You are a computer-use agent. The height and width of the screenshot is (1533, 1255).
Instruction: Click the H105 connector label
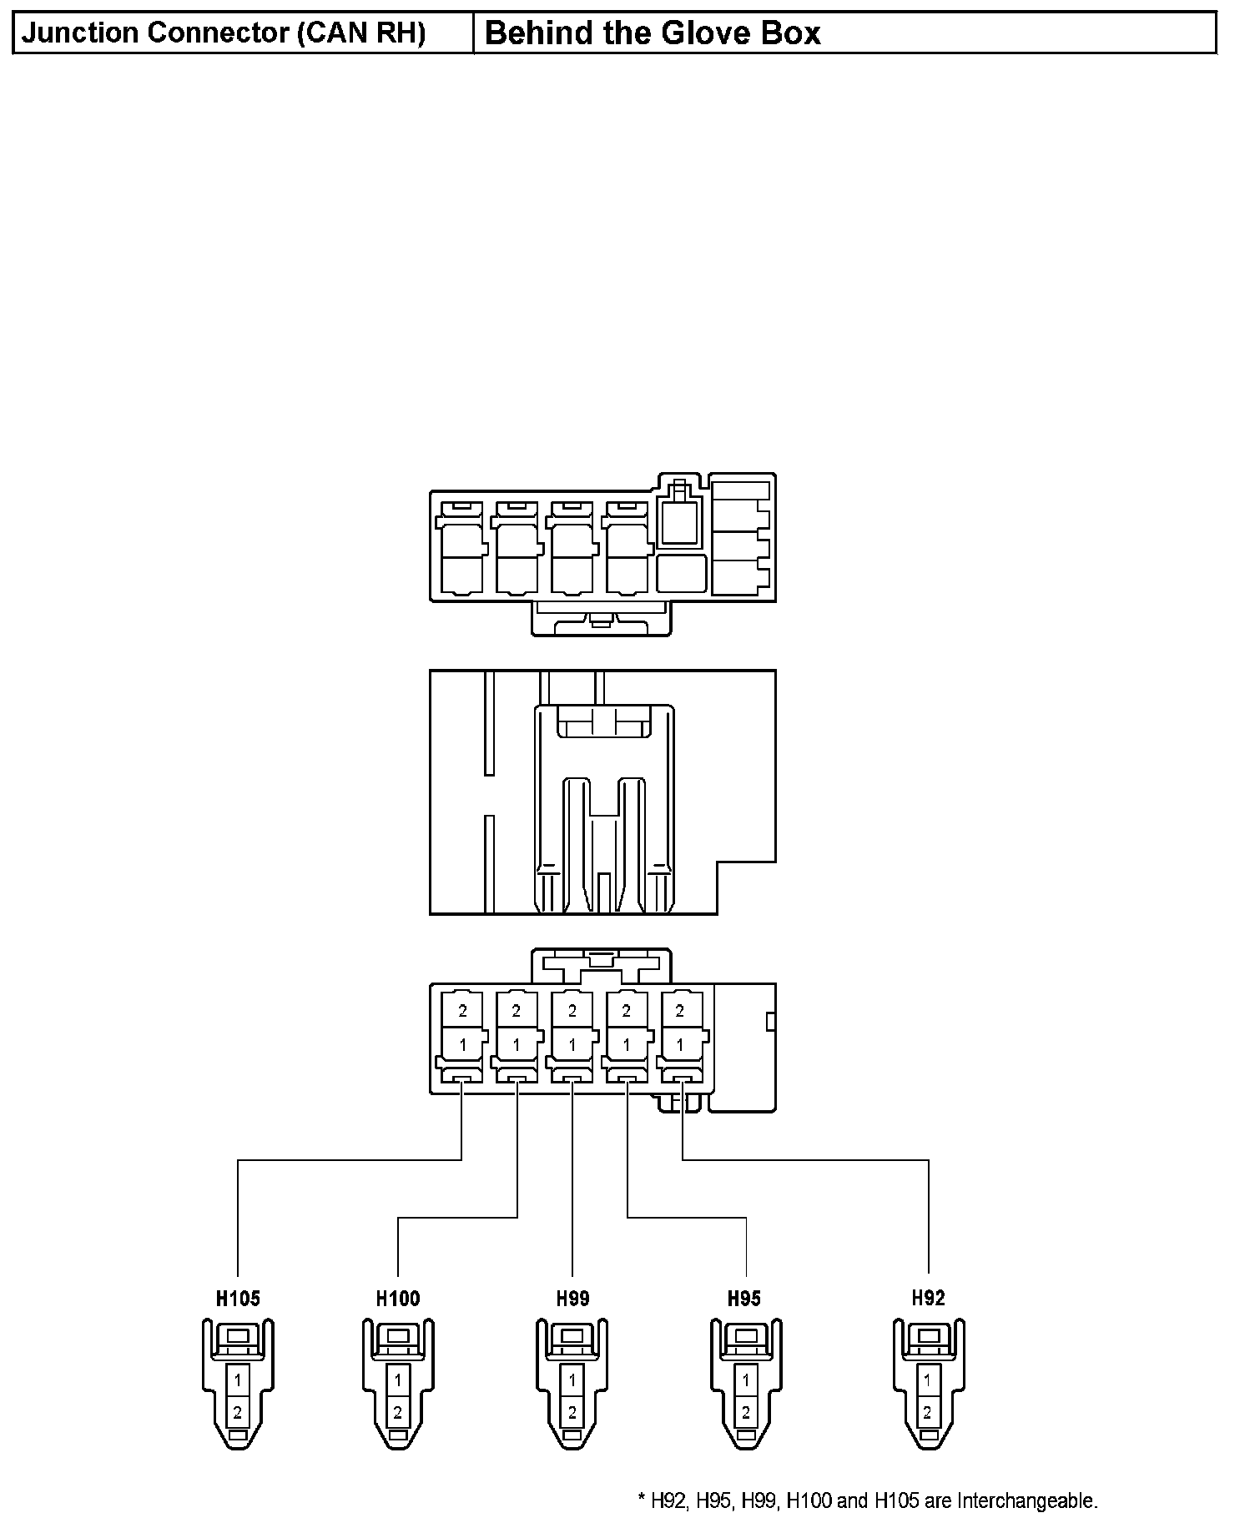[238, 1299]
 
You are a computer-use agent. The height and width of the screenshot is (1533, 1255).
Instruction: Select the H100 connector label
[398, 1299]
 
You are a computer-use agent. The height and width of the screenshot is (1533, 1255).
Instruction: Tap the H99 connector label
[572, 1299]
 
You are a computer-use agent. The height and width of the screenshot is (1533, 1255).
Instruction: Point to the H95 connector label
[744, 1299]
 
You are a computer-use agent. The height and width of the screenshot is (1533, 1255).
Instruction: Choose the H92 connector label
[928, 1298]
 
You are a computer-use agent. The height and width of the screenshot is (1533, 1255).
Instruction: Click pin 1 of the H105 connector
[238, 1380]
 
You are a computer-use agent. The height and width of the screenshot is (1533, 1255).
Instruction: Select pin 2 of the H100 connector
[398, 1413]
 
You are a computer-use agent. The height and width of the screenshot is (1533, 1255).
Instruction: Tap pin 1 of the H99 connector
[572, 1380]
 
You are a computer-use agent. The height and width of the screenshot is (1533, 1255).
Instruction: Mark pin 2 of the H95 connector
[745, 1413]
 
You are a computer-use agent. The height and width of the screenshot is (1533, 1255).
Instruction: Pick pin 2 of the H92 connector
[927, 1413]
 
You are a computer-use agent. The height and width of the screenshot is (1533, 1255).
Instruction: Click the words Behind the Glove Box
[653, 33]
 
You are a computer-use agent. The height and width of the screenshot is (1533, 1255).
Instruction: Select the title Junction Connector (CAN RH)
[224, 33]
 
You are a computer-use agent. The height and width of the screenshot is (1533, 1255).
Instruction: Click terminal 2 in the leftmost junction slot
[462, 1011]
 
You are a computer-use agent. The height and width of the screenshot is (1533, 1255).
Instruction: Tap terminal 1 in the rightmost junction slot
[680, 1044]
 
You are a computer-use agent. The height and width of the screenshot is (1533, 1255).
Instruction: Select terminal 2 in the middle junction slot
[572, 1011]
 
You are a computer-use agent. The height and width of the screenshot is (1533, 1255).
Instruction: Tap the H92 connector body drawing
[928, 1385]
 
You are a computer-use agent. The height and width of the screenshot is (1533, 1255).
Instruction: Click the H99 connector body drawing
[572, 1385]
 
